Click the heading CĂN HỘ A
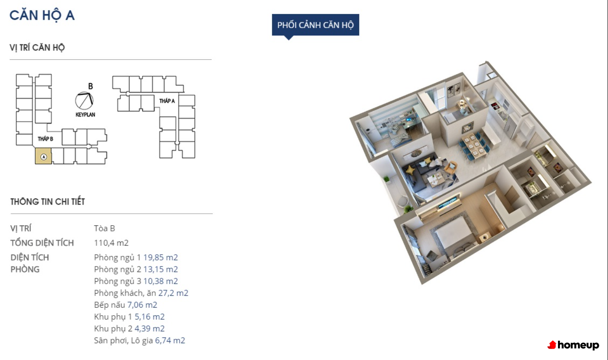42,15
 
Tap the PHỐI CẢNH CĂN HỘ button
315,25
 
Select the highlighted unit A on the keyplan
43,156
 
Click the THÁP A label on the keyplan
167,101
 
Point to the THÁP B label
45,139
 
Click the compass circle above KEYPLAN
84,101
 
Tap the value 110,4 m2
111,243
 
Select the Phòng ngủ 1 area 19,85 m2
161,257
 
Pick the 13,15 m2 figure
161,269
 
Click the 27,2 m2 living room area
173,293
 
